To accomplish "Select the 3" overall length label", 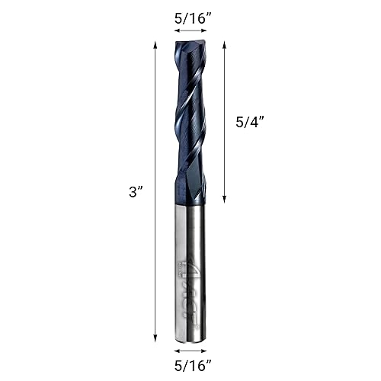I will point(136,193).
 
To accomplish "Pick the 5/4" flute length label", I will point(249,120).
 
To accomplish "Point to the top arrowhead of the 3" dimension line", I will point(156,44).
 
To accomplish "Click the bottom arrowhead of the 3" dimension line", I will point(156,338).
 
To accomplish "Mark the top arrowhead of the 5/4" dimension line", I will point(225,44).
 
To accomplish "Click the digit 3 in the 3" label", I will point(132,193).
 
